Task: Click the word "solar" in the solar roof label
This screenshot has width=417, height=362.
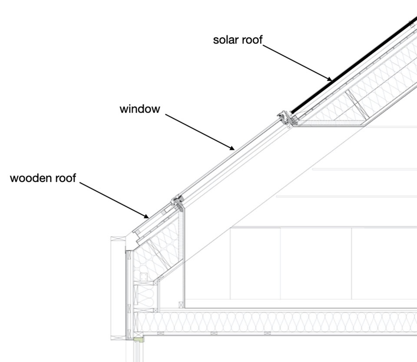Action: click(x=226, y=40)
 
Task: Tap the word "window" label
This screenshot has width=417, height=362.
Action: click(x=140, y=109)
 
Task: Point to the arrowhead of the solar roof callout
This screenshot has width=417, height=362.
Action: click(x=330, y=79)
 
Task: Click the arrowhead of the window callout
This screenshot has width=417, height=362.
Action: click(x=232, y=148)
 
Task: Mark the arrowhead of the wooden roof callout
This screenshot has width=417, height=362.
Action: click(x=146, y=216)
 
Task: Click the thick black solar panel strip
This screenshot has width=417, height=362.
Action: click(x=354, y=65)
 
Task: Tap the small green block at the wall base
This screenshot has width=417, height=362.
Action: click(x=139, y=340)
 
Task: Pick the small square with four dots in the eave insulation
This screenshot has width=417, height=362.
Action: click(x=144, y=277)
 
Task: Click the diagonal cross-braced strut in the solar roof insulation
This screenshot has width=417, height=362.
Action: click(x=357, y=104)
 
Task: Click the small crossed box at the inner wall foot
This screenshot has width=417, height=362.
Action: click(x=181, y=305)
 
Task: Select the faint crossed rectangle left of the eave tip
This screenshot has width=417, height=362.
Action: click(x=118, y=239)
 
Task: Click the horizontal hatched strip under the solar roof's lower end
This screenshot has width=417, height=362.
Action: click(x=330, y=123)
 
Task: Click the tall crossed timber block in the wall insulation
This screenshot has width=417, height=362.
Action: click(x=136, y=295)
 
